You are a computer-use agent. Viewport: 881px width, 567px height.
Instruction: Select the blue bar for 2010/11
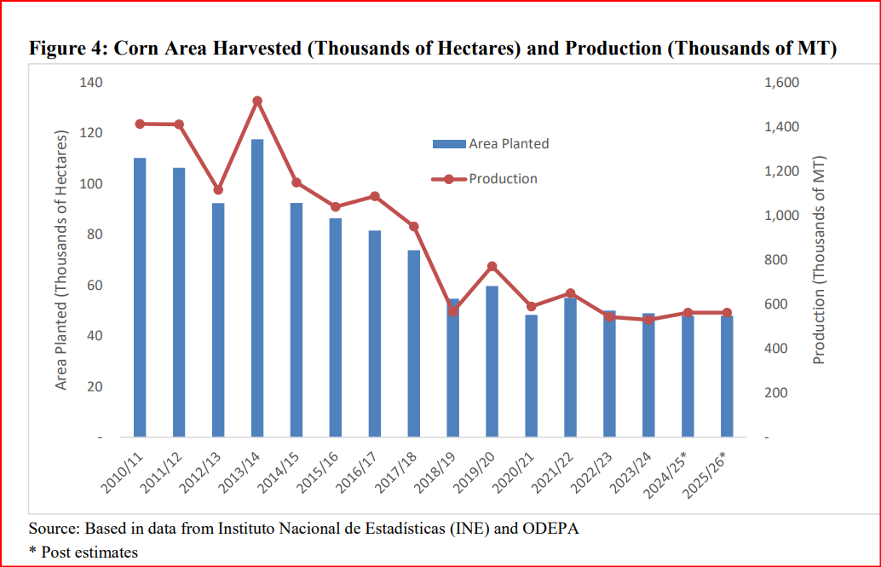[x=140, y=298]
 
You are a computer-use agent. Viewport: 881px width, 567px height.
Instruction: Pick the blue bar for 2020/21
[x=532, y=376]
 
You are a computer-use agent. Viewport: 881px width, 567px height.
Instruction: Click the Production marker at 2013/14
[x=257, y=101]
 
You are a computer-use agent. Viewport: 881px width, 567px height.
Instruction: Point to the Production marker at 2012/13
[x=218, y=190]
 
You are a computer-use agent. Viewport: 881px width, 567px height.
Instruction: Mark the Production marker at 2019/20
[x=492, y=266]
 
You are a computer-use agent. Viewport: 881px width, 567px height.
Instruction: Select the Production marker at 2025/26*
[x=728, y=313]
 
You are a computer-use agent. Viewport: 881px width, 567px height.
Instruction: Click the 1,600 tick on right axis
[x=781, y=83]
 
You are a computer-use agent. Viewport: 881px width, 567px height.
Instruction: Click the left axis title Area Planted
[x=61, y=260]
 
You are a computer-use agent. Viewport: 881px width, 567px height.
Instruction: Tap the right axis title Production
[x=819, y=260]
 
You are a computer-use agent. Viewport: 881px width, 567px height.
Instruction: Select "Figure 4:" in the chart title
[x=66, y=49]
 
